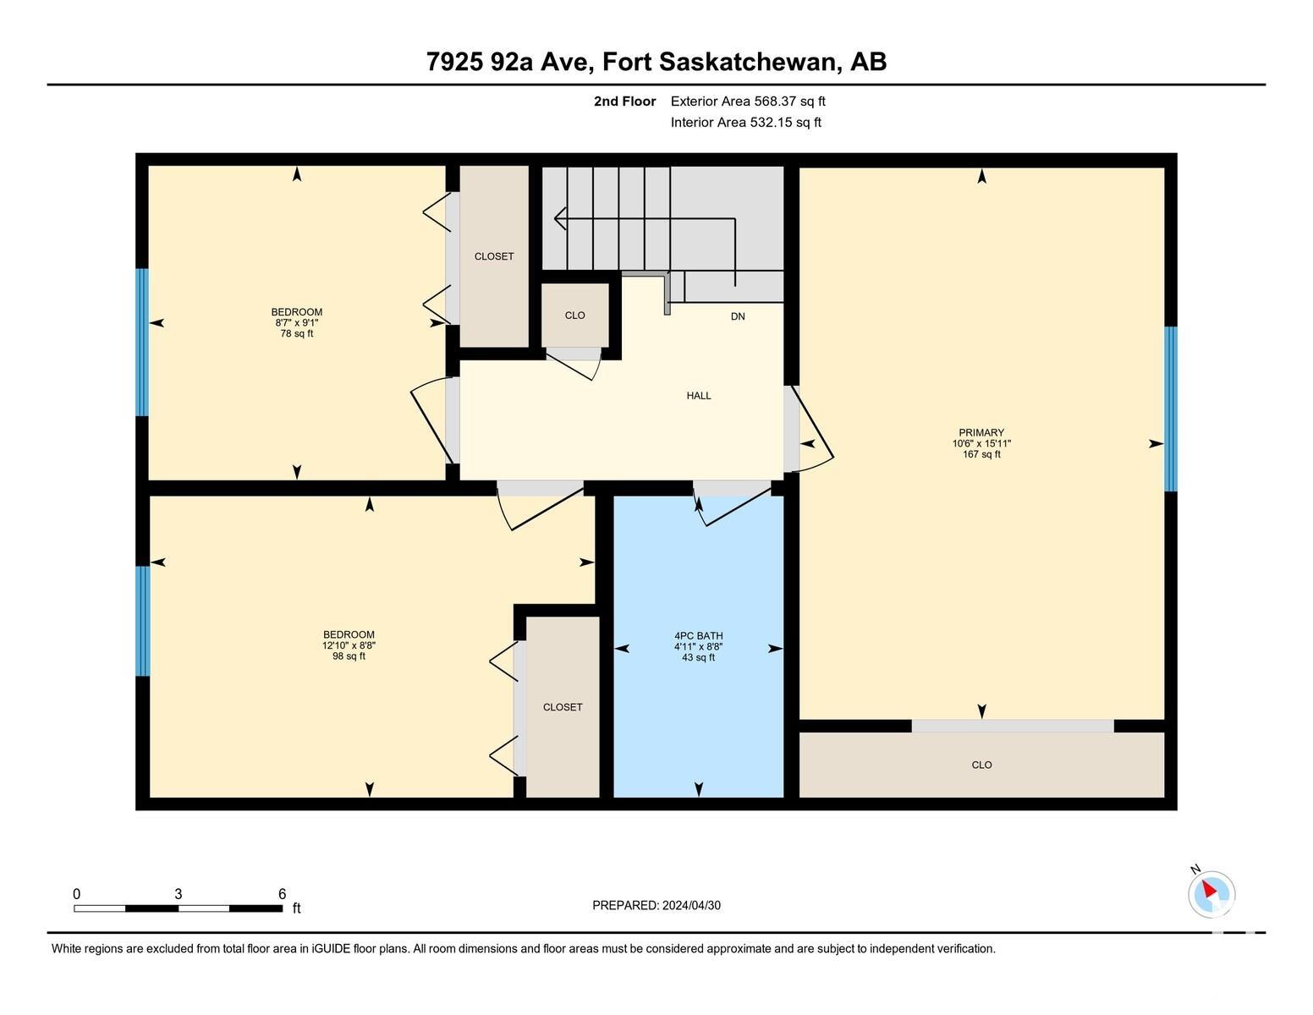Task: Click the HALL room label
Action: coord(699,396)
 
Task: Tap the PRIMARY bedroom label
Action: coord(981,432)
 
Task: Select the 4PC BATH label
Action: coord(699,636)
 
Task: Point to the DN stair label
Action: coord(738,316)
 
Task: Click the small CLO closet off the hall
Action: coord(574,315)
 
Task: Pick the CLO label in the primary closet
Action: coord(982,765)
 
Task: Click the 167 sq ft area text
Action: coord(982,454)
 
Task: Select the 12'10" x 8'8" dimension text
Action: coord(349,645)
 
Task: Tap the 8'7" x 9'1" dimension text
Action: coord(297,323)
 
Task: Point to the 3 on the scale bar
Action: coord(179,894)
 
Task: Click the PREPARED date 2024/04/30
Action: coord(691,906)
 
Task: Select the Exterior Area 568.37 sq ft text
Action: coord(747,101)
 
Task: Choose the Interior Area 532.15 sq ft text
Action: coord(745,123)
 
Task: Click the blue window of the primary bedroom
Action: coord(1171,409)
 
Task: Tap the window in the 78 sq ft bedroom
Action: coord(142,343)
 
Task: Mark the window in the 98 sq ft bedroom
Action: coord(142,622)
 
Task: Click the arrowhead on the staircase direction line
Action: coord(560,218)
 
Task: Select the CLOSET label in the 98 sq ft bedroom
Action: coord(563,707)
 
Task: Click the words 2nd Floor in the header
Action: coord(625,101)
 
